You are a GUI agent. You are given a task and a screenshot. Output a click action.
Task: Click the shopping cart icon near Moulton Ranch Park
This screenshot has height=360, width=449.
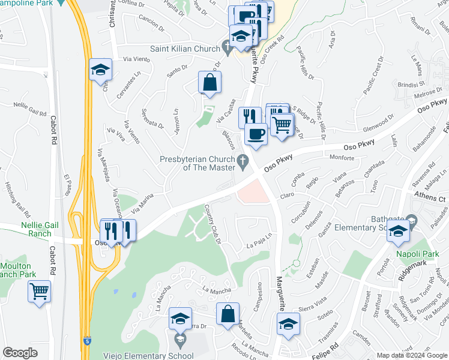39,292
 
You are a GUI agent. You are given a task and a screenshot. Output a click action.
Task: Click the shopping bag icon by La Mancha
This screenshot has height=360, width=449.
228,314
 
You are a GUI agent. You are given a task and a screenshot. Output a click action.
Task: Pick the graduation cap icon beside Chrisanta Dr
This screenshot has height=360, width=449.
101,70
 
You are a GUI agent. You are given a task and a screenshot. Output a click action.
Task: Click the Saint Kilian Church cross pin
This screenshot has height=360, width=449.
226,46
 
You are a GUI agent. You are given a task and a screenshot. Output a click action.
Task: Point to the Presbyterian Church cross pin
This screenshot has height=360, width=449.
243,160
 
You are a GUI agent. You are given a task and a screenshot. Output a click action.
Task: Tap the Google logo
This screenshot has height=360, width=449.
20,353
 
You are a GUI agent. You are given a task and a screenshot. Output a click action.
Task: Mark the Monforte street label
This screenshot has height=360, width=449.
342,157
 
